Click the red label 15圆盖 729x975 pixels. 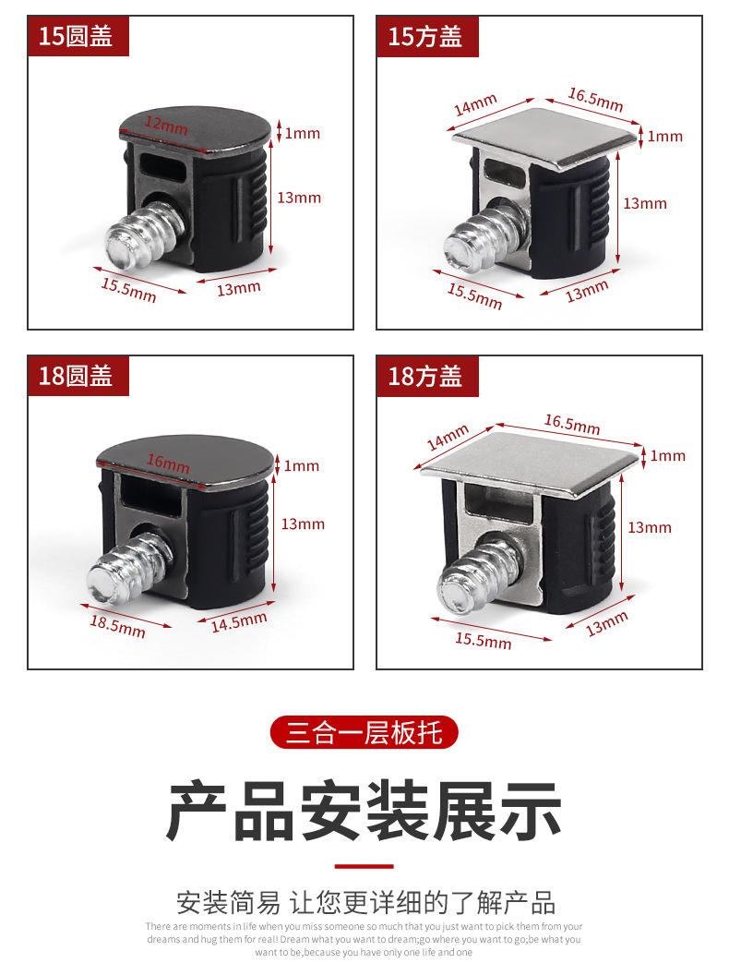tap(78, 36)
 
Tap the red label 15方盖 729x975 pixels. tap(427, 37)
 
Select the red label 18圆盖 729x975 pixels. tap(78, 376)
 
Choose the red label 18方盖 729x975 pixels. tap(427, 376)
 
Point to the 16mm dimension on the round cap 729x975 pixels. tap(168, 463)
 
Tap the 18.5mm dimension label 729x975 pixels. tap(117, 626)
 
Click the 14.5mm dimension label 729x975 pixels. tap(239, 621)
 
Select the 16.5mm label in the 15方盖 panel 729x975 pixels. tap(595, 100)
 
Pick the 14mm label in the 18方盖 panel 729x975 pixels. tap(448, 437)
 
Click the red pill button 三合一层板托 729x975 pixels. tap(364, 732)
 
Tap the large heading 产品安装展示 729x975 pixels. tap(364, 811)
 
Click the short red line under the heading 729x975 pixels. tap(364, 865)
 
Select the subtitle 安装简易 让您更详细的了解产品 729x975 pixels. tap(365, 902)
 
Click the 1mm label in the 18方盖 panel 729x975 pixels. tap(668, 456)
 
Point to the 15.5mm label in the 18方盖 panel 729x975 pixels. tap(484, 641)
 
